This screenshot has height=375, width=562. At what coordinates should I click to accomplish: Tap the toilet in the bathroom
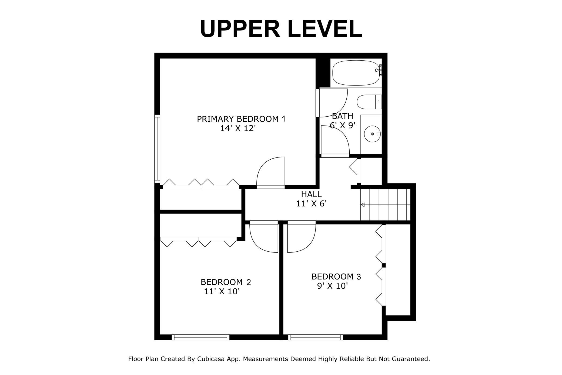369,102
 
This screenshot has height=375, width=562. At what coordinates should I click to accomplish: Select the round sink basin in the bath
373,134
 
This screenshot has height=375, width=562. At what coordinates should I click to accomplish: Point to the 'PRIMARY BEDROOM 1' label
241,119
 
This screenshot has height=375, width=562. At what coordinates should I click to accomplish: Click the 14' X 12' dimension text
238,128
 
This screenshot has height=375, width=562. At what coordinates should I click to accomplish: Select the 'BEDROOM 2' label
226,282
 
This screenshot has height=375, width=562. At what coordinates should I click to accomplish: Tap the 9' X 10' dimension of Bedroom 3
332,286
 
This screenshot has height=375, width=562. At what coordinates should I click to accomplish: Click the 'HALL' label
311,194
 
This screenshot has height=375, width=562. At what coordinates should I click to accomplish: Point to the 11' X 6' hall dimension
312,203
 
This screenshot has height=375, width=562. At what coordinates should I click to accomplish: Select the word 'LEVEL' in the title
325,29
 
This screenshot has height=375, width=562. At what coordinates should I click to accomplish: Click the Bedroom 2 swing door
263,237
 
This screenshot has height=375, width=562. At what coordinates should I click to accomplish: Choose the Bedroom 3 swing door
302,237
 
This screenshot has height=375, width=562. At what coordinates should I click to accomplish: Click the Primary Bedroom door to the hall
271,173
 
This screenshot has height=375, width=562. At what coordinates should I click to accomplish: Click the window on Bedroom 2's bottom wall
200,337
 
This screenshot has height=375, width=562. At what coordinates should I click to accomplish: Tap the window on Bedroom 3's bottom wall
316,337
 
